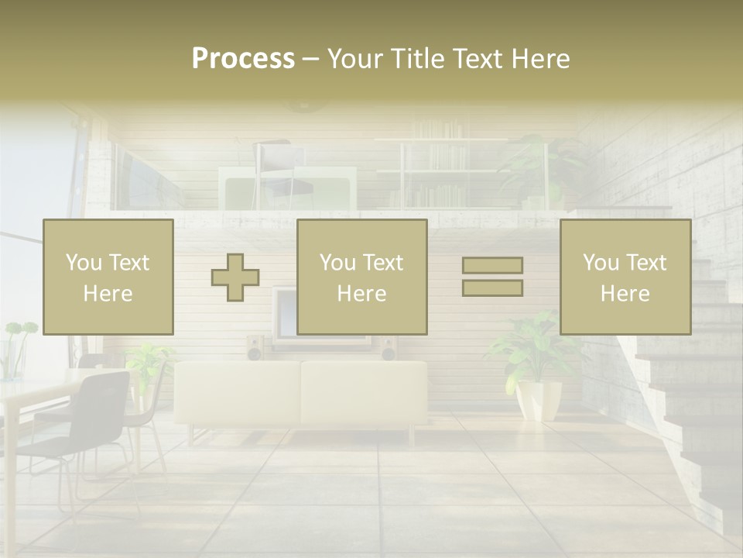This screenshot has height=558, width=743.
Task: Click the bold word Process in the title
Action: click(x=243, y=59)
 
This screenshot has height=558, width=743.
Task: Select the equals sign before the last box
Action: click(x=492, y=277)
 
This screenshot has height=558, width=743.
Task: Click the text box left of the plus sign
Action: click(x=108, y=277)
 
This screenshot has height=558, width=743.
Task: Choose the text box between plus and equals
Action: click(x=362, y=277)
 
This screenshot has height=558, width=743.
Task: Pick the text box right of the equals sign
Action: click(x=625, y=277)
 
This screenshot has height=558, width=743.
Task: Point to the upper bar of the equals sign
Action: click(x=492, y=266)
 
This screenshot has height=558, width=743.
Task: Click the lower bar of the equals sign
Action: click(x=492, y=288)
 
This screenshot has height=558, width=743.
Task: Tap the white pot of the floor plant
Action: click(x=539, y=399)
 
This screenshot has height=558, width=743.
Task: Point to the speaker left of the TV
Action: click(x=255, y=348)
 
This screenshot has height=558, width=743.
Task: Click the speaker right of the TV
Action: click(x=389, y=348)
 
